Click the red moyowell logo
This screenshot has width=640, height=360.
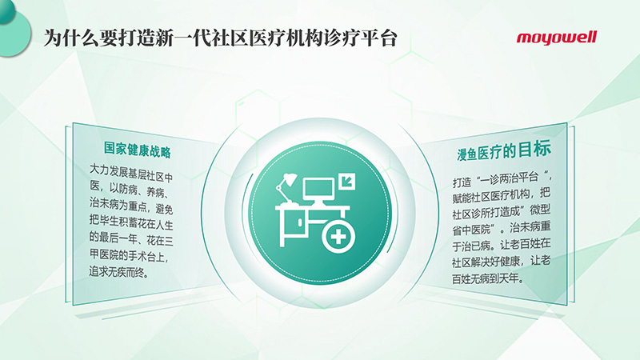coord(556,38)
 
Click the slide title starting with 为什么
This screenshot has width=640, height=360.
coord(221,38)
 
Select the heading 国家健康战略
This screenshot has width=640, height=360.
coord(137,150)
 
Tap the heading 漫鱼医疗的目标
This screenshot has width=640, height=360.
coord(504,150)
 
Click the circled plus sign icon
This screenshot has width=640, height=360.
coord(338,237)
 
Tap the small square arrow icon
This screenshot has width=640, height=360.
coord(346,182)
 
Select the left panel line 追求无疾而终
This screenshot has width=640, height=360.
coord(119,272)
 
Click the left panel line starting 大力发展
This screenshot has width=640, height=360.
coord(131,173)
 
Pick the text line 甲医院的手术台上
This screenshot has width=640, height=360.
coord(130,256)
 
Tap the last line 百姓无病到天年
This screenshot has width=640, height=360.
coord(488,278)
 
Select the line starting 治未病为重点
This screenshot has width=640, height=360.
coord(131,206)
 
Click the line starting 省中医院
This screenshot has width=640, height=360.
coord(502,228)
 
